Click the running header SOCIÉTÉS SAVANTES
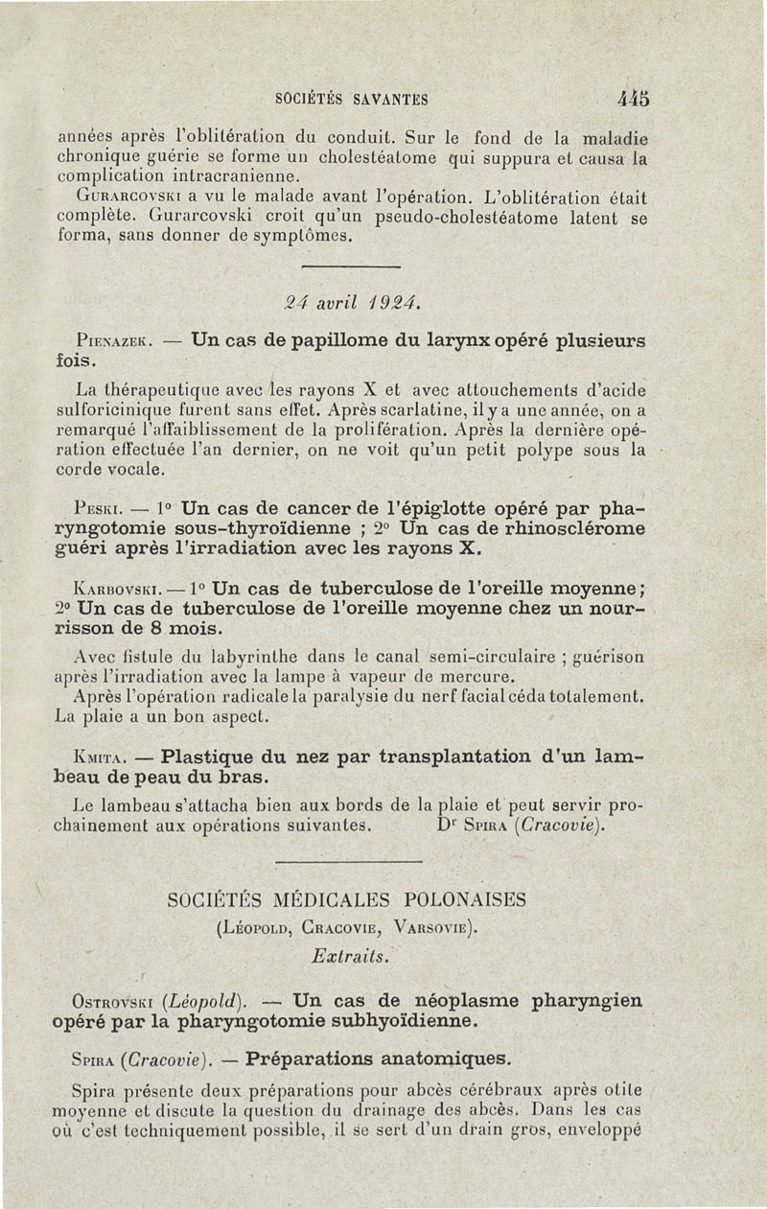[x=351, y=99]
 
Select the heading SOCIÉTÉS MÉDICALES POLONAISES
[x=346, y=901]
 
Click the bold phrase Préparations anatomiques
[x=378, y=1059]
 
